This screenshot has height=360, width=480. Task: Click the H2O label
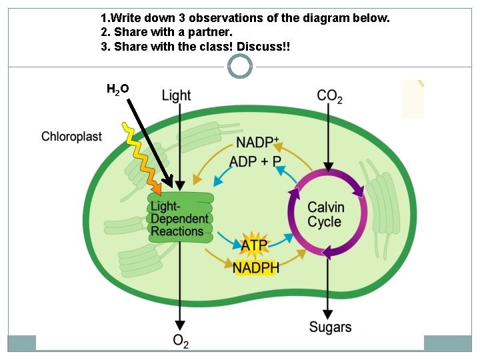pyautogui.click(x=117, y=89)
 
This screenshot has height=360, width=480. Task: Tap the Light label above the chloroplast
pyautogui.click(x=176, y=95)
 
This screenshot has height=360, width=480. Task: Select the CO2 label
pyautogui.click(x=330, y=96)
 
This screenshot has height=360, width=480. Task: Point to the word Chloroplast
pyautogui.click(x=71, y=137)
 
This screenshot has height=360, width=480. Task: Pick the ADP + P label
pyautogui.click(x=255, y=161)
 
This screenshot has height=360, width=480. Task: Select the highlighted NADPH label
pyautogui.click(x=256, y=267)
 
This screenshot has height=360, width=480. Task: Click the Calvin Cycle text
pyautogui.click(x=326, y=215)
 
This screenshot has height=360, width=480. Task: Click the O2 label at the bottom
pyautogui.click(x=181, y=341)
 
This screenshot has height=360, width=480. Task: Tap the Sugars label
pyautogui.click(x=330, y=327)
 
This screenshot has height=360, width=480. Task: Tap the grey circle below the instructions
pyautogui.click(x=240, y=66)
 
